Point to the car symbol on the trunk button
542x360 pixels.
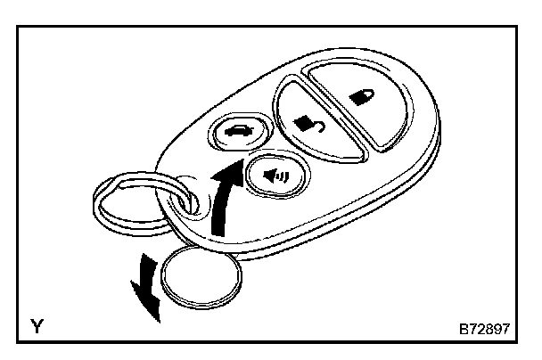coord(240,133)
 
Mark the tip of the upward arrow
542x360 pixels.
coord(240,163)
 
